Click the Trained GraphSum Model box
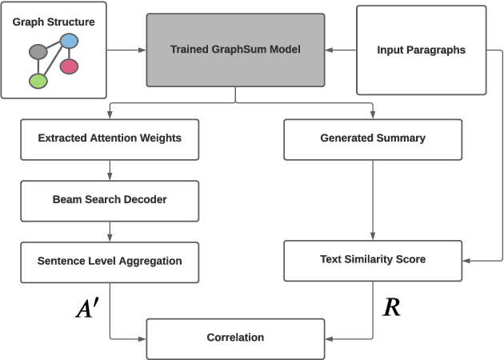point(235,50)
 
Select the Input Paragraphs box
point(421,50)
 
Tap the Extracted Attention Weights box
point(110,138)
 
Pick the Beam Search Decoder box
point(110,199)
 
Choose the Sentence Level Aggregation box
point(110,261)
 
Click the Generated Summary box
point(373,138)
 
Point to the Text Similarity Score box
point(373,260)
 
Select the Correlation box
point(235,338)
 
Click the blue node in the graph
point(69,41)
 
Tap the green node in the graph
point(38,80)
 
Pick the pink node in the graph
point(69,66)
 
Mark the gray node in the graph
point(38,53)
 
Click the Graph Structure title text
point(54,22)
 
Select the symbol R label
point(391,307)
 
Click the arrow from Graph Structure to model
point(126,50)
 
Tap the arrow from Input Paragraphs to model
point(340,50)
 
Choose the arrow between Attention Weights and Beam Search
point(110,169)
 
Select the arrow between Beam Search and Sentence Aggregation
point(110,230)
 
